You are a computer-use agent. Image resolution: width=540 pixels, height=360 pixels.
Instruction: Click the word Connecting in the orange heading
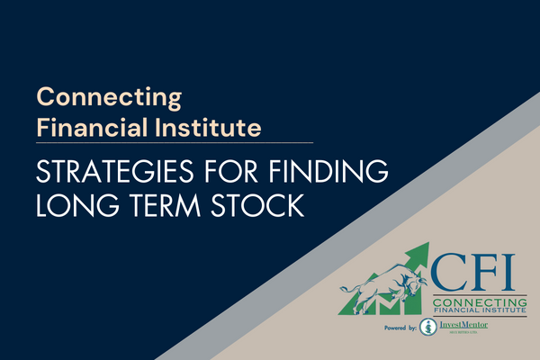pyautogui.click(x=109, y=96)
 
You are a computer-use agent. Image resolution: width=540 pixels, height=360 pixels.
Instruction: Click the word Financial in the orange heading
pyautogui.click(x=84, y=127)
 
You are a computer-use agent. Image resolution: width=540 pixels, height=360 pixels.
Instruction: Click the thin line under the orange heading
pyautogui.click(x=175, y=142)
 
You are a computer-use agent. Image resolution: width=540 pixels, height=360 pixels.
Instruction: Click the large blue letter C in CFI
pyautogui.click(x=449, y=271)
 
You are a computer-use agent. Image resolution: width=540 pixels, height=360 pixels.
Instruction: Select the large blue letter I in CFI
pyautogui.click(x=508, y=271)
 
